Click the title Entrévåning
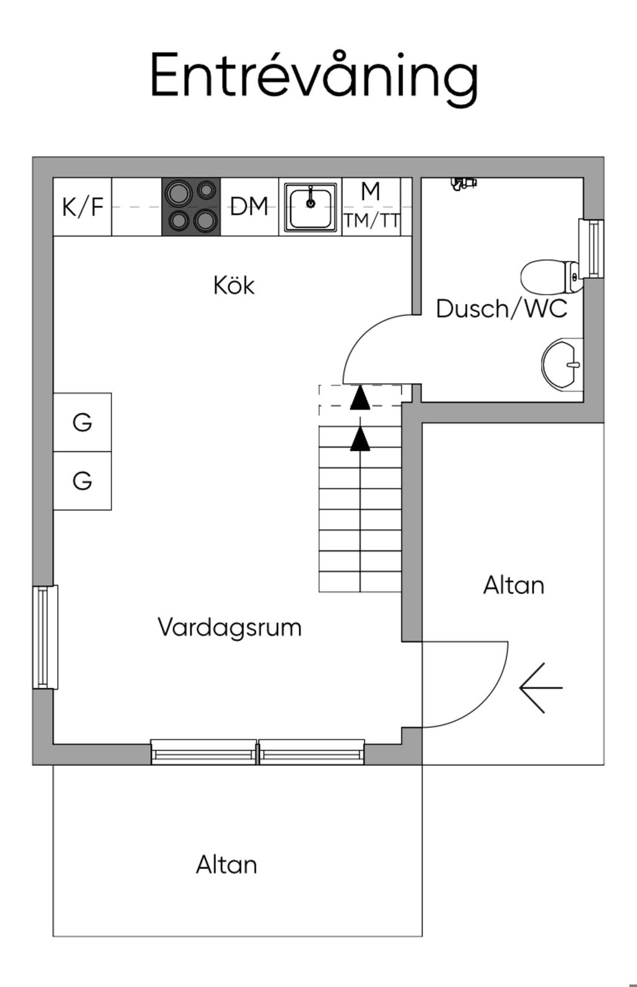pyautogui.click(x=314, y=76)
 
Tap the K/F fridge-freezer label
pyautogui.click(x=82, y=206)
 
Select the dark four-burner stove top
pyautogui.click(x=191, y=207)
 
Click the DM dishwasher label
pyautogui.click(x=249, y=206)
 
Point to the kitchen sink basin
pyautogui.click(x=310, y=207)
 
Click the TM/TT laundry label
pyautogui.click(x=371, y=220)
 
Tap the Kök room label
pyautogui.click(x=234, y=285)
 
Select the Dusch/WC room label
pyautogui.click(x=501, y=308)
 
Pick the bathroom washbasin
pyautogui.click(x=562, y=365)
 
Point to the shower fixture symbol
pyautogui.click(x=463, y=183)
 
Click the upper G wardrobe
pyautogui.click(x=82, y=422)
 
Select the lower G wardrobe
pyautogui.click(x=82, y=481)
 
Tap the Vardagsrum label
pyautogui.click(x=230, y=627)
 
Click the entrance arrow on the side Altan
pyautogui.click(x=541, y=687)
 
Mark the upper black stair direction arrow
pyautogui.click(x=360, y=399)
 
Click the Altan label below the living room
pyautogui.click(x=226, y=865)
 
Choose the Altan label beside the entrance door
pyautogui.click(x=514, y=585)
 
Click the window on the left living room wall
pyautogui.click(x=44, y=636)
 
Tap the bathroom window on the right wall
pyautogui.click(x=592, y=248)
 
